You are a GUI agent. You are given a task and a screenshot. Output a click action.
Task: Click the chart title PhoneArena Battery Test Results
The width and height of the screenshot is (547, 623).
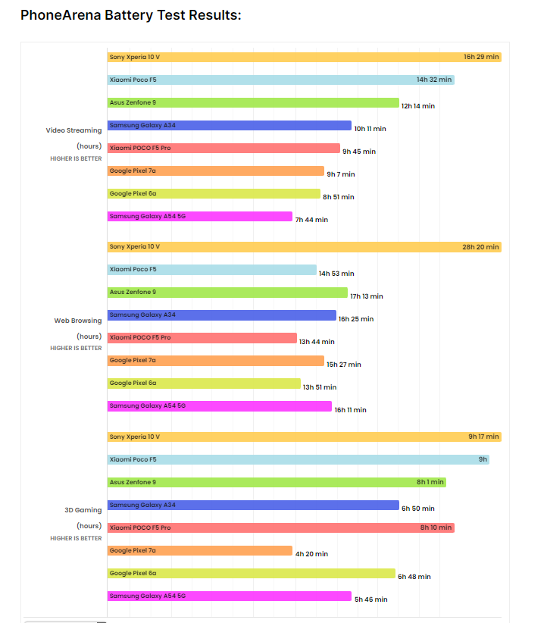click(130, 14)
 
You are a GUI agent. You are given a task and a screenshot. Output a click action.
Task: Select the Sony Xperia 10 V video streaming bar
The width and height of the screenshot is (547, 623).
click(303, 57)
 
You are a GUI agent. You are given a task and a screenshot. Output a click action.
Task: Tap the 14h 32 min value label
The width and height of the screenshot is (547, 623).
click(433, 80)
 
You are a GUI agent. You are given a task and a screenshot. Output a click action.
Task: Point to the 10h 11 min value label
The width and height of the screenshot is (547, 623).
click(370, 129)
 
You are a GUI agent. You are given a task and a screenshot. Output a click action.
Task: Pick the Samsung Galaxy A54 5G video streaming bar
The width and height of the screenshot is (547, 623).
click(199, 216)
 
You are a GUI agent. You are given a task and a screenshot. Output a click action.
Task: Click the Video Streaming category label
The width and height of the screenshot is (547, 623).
click(73, 130)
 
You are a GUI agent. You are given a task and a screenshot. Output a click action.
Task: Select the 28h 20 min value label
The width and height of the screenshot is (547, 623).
click(481, 247)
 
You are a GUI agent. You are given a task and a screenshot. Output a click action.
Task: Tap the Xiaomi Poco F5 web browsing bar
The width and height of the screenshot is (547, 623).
click(211, 269)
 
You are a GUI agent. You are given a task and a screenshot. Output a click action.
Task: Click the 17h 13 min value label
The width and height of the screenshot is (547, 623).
click(367, 296)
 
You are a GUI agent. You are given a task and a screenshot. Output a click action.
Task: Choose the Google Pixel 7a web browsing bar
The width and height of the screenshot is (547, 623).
click(215, 360)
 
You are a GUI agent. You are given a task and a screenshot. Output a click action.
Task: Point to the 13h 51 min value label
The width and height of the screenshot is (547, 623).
click(320, 387)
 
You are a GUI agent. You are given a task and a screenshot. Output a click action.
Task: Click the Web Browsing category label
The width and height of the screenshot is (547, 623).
click(77, 321)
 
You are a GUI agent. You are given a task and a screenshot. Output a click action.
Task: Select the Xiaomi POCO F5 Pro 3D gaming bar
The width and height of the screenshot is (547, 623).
click(280, 528)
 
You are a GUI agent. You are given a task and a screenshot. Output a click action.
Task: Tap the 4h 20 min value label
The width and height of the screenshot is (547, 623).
click(311, 554)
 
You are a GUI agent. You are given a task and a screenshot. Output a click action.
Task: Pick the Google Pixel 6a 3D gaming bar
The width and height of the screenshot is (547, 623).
click(251, 573)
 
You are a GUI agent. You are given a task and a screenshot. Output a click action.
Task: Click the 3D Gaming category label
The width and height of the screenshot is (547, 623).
click(83, 510)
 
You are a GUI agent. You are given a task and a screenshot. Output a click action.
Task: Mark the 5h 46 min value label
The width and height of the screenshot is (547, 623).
click(370, 600)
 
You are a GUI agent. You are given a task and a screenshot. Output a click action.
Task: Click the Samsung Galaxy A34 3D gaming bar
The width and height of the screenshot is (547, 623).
click(253, 505)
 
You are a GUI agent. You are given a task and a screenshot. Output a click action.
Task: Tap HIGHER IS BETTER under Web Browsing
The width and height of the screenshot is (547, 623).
click(76, 349)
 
